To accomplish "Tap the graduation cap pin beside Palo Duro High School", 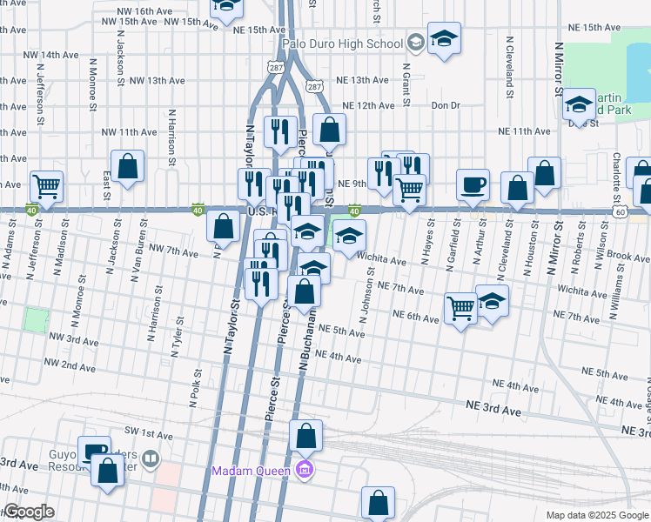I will [x=444, y=39].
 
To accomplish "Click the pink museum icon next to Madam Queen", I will [x=303, y=472].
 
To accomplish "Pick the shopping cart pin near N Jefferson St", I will [x=46, y=185].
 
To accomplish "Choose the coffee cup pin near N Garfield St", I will [x=473, y=185].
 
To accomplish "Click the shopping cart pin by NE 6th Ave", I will [x=460, y=307].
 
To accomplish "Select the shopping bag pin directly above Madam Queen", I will [x=305, y=435].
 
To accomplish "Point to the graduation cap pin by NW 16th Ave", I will [x=227, y=9].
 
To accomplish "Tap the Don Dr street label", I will [x=445, y=105].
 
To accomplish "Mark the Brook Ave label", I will [x=628, y=258].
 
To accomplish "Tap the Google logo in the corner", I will [x=28, y=512].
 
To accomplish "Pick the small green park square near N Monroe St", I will [x=36, y=319].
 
